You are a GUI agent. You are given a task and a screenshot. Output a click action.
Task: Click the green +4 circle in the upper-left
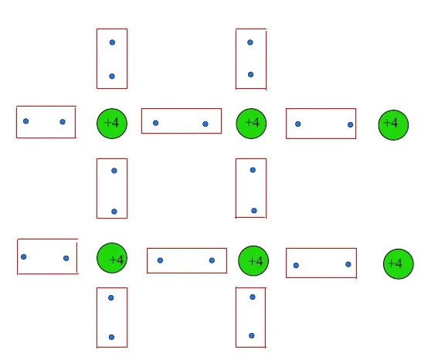point(112,124)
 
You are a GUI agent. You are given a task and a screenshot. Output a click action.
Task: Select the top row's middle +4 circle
point(251,124)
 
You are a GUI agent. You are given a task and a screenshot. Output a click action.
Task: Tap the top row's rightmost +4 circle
point(393,125)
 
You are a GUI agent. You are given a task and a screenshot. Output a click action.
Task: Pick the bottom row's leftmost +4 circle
point(112,258)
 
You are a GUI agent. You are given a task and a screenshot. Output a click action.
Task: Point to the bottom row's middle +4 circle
point(253,260)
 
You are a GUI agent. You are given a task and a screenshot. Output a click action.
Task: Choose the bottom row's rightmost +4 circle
point(399,264)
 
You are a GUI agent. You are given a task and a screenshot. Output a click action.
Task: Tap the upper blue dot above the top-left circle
point(112,42)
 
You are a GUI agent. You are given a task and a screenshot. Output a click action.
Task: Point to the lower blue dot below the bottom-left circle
point(111,337)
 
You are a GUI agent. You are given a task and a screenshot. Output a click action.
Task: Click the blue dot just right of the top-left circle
point(155,123)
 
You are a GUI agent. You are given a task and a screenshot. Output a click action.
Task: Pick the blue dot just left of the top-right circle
point(350,124)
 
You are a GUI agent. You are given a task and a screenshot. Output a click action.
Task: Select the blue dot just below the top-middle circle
point(253,170)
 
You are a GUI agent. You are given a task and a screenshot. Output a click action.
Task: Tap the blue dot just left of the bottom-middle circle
point(212,260)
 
